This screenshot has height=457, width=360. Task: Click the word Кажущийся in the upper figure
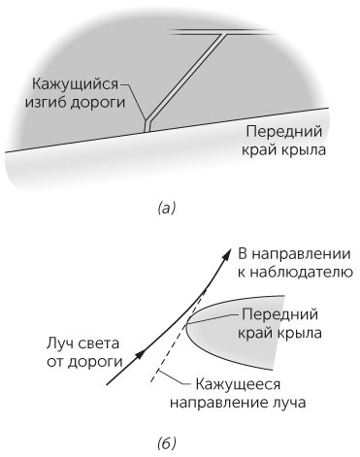point(67,84)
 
